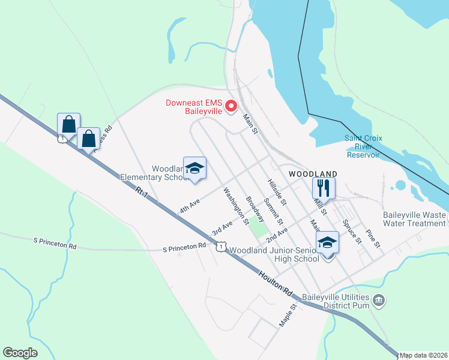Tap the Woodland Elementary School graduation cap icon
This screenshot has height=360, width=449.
click(194, 169)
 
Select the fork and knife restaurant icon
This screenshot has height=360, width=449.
click(324, 188)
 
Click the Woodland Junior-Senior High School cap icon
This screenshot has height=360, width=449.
click(327, 242)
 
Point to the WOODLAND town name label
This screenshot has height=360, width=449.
click(313, 173)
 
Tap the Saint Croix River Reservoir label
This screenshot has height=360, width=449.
click(363, 146)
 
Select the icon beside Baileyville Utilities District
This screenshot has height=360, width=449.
click(378, 299)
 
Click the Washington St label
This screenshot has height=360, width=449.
click(236, 205)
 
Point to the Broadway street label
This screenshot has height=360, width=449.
click(255, 209)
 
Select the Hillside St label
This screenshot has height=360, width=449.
click(277, 191)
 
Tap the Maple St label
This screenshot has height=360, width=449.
click(288, 315)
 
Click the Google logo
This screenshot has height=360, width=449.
click(20, 353)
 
